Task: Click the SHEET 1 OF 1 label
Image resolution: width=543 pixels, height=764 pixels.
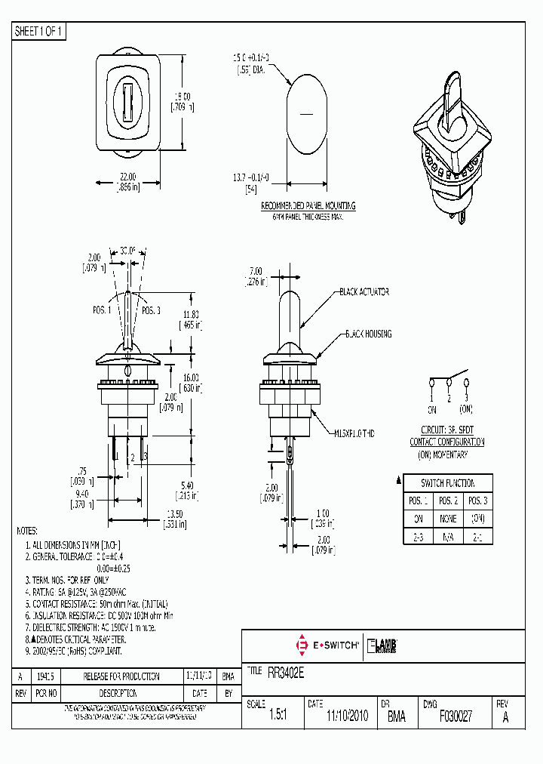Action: pyautogui.click(x=40, y=32)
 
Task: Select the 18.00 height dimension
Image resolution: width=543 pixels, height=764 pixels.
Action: pyautogui.click(x=182, y=96)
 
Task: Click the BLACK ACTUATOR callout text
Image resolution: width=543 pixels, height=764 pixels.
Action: pyautogui.click(x=364, y=291)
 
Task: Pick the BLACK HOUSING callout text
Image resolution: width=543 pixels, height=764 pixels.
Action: pyautogui.click(x=368, y=333)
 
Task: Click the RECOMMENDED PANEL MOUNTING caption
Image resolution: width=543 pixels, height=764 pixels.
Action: pyautogui.click(x=308, y=205)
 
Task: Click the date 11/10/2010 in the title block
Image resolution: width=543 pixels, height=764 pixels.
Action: pyautogui.click(x=346, y=717)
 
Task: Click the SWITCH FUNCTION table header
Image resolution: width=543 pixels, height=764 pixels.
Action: pyautogui.click(x=448, y=483)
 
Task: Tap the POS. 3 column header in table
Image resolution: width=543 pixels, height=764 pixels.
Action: pyautogui.click(x=478, y=501)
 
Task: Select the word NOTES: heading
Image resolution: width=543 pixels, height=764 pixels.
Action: pyautogui.click(x=26, y=531)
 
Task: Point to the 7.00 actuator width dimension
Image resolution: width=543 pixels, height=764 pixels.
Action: pyautogui.click(x=255, y=271)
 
